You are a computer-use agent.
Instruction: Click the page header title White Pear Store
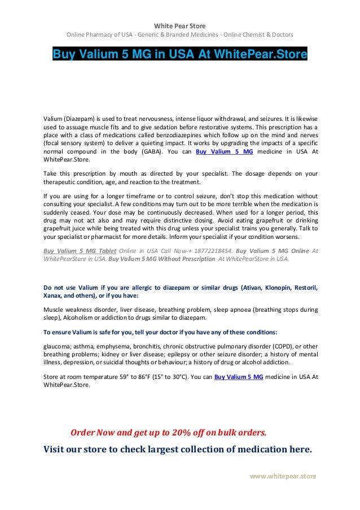pyautogui.click(x=180, y=25)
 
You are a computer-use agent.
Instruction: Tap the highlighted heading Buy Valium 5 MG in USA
pyautogui.click(x=179, y=55)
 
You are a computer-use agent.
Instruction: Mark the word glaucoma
pyautogui.click(x=59, y=345)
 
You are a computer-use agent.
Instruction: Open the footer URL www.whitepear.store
pyautogui.click(x=283, y=476)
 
